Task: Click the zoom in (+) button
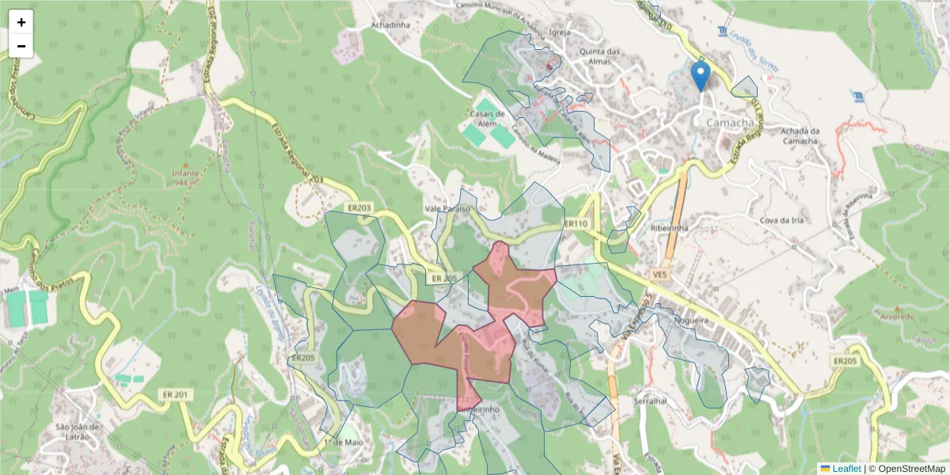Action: pos(21,22)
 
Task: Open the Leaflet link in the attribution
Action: pos(846,468)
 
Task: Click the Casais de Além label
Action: pos(488,118)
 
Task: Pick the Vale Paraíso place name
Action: pos(447,209)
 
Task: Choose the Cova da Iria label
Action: pos(781,220)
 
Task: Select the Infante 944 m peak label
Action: pos(186,177)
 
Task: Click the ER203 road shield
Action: pos(359,207)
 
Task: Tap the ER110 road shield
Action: pos(576,224)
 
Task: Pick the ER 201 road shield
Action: pos(176,394)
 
